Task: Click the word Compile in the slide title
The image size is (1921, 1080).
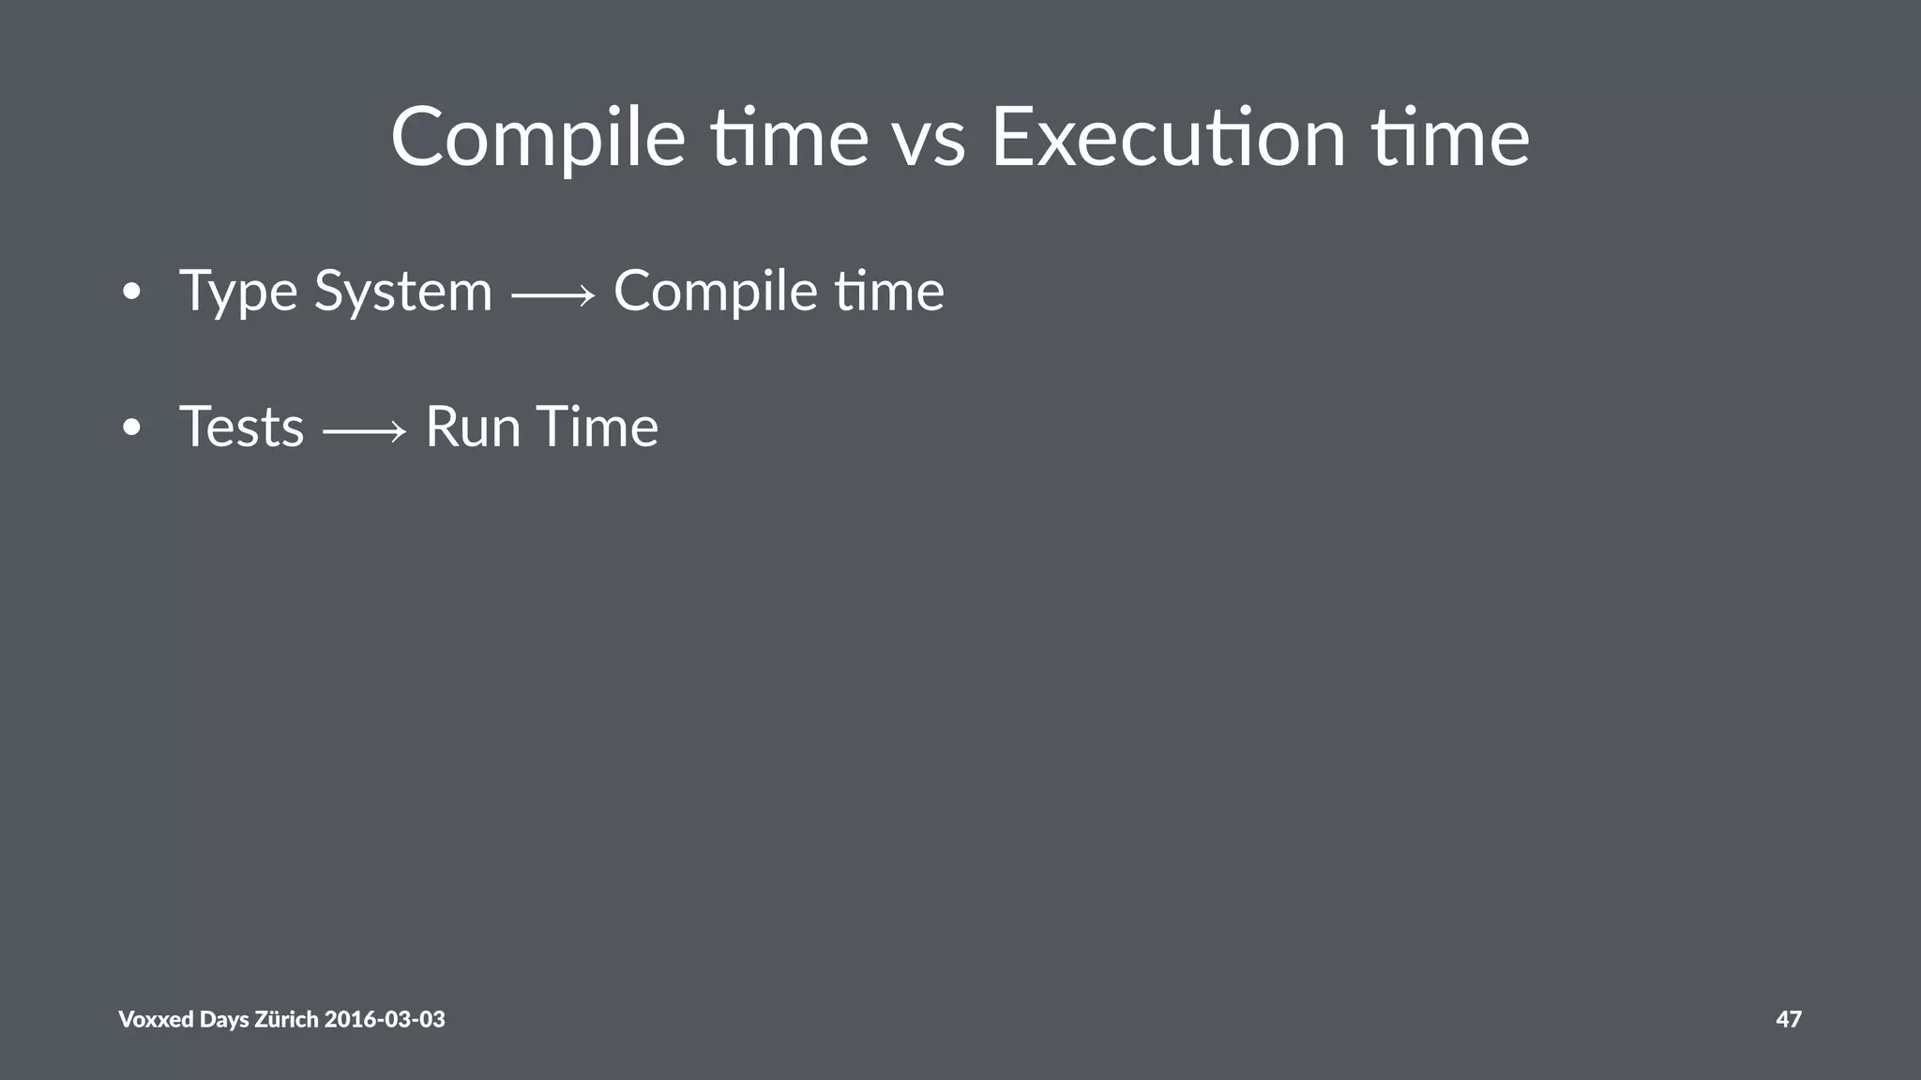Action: click(537, 139)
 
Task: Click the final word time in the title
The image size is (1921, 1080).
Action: click(1450, 139)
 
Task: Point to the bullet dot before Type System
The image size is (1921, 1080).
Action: click(131, 292)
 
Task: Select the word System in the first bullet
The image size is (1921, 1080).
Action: click(402, 292)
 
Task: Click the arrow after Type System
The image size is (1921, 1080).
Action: click(553, 296)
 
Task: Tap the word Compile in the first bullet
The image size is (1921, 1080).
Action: click(715, 292)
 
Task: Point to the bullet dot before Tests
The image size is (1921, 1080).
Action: click(131, 428)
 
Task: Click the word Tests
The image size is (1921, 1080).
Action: click(241, 427)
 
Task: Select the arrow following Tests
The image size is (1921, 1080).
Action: click(365, 431)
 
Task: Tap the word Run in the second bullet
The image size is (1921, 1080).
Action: click(472, 427)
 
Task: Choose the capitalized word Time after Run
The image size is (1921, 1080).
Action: click(597, 427)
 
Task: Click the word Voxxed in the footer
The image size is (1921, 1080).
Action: click(156, 1019)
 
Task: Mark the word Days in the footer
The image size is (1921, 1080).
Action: click(224, 1019)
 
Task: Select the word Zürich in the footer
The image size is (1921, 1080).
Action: click(286, 1019)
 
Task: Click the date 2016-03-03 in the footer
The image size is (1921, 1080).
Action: click(385, 1019)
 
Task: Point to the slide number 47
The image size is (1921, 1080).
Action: click(1788, 1019)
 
